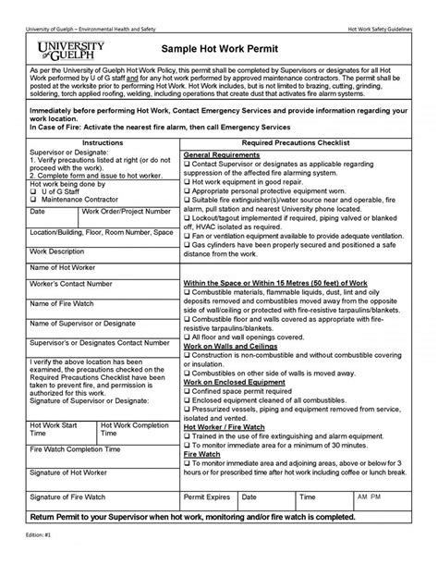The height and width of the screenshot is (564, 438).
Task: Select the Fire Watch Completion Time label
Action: point(76,448)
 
